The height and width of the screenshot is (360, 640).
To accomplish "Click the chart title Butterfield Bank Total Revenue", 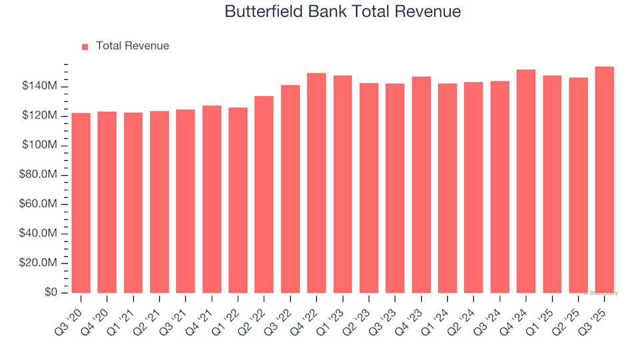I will (343, 12).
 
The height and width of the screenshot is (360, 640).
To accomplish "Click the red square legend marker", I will (85, 47).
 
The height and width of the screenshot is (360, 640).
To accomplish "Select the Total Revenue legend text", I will (132, 46).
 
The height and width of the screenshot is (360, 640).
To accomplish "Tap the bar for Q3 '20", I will (81, 203).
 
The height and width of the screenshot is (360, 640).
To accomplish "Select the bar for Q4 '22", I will (317, 183).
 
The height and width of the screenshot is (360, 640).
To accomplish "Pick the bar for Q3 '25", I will (605, 179).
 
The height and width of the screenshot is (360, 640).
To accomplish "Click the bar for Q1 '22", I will (238, 200).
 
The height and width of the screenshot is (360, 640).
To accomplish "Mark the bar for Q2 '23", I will (369, 187).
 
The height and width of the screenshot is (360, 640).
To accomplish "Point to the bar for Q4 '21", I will (212, 199).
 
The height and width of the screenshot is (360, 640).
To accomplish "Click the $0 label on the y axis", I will (52, 293).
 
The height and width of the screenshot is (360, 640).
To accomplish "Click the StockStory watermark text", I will (601, 293).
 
